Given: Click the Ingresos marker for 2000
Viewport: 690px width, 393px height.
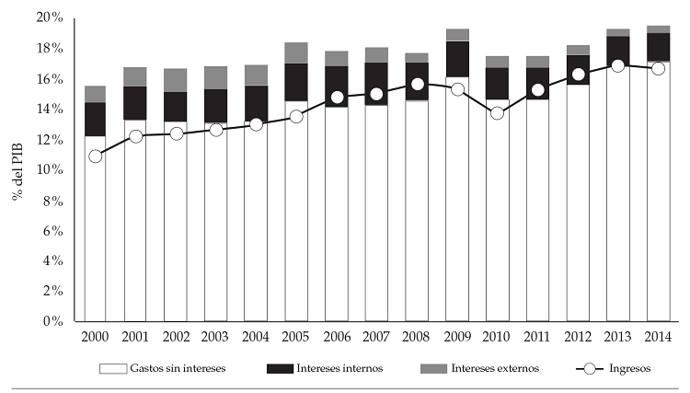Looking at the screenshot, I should [95, 156].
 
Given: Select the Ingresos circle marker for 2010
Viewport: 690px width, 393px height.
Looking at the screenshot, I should [498, 113].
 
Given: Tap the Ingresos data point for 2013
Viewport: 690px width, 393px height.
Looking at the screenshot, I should [618, 66].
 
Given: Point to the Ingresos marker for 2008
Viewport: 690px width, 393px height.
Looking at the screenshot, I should [417, 85].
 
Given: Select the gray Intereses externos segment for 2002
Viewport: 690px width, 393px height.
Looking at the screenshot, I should [176, 80].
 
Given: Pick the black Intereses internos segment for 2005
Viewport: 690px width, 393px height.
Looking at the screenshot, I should [296, 82].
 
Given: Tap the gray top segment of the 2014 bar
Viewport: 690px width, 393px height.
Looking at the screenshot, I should [659, 29].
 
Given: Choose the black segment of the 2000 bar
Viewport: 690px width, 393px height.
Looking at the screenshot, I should [95, 119].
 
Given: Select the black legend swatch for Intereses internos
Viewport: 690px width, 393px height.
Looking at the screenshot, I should [278, 369].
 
